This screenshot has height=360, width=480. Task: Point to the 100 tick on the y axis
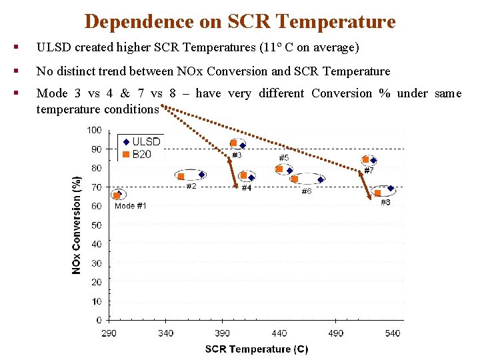click(x=94, y=130)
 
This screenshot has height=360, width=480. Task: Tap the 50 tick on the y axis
click(x=96, y=225)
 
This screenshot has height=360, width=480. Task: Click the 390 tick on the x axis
click(x=223, y=333)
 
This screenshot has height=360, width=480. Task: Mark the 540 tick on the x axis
click(x=393, y=333)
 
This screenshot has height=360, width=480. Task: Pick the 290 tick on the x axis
click(x=109, y=333)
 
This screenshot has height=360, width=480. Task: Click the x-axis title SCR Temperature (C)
click(x=256, y=349)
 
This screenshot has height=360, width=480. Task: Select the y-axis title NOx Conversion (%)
click(x=77, y=225)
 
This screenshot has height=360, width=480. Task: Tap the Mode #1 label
click(x=131, y=206)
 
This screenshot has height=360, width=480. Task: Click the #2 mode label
click(x=191, y=186)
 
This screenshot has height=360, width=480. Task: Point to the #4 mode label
click(x=246, y=188)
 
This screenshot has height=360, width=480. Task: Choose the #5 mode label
click(x=283, y=158)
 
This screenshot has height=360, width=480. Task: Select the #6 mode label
click(x=306, y=191)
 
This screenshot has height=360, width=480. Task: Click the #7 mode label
click(x=369, y=171)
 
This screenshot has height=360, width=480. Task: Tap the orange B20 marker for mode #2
click(x=181, y=177)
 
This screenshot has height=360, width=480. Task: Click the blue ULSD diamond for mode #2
click(x=202, y=175)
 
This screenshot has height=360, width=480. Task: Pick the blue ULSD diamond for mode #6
click(x=321, y=179)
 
